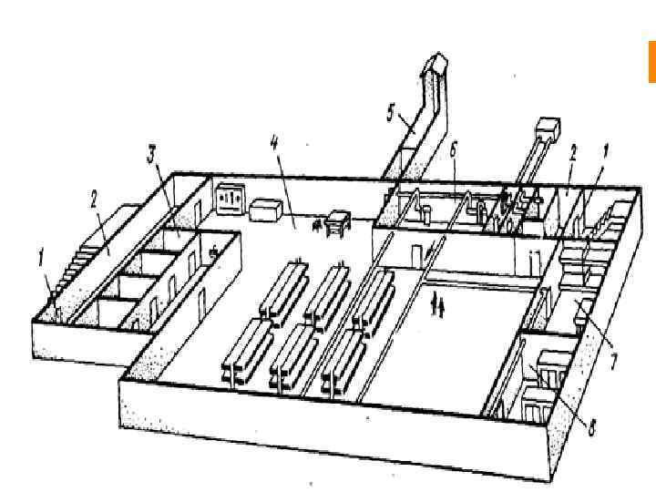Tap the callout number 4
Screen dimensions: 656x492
274,141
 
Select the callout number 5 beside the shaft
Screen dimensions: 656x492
390,112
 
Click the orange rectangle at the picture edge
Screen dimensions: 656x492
651,61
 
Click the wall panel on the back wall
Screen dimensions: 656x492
230,198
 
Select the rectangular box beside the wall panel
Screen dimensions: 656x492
267,210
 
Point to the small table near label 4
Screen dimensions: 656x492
338,220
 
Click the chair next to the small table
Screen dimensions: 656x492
318,224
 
